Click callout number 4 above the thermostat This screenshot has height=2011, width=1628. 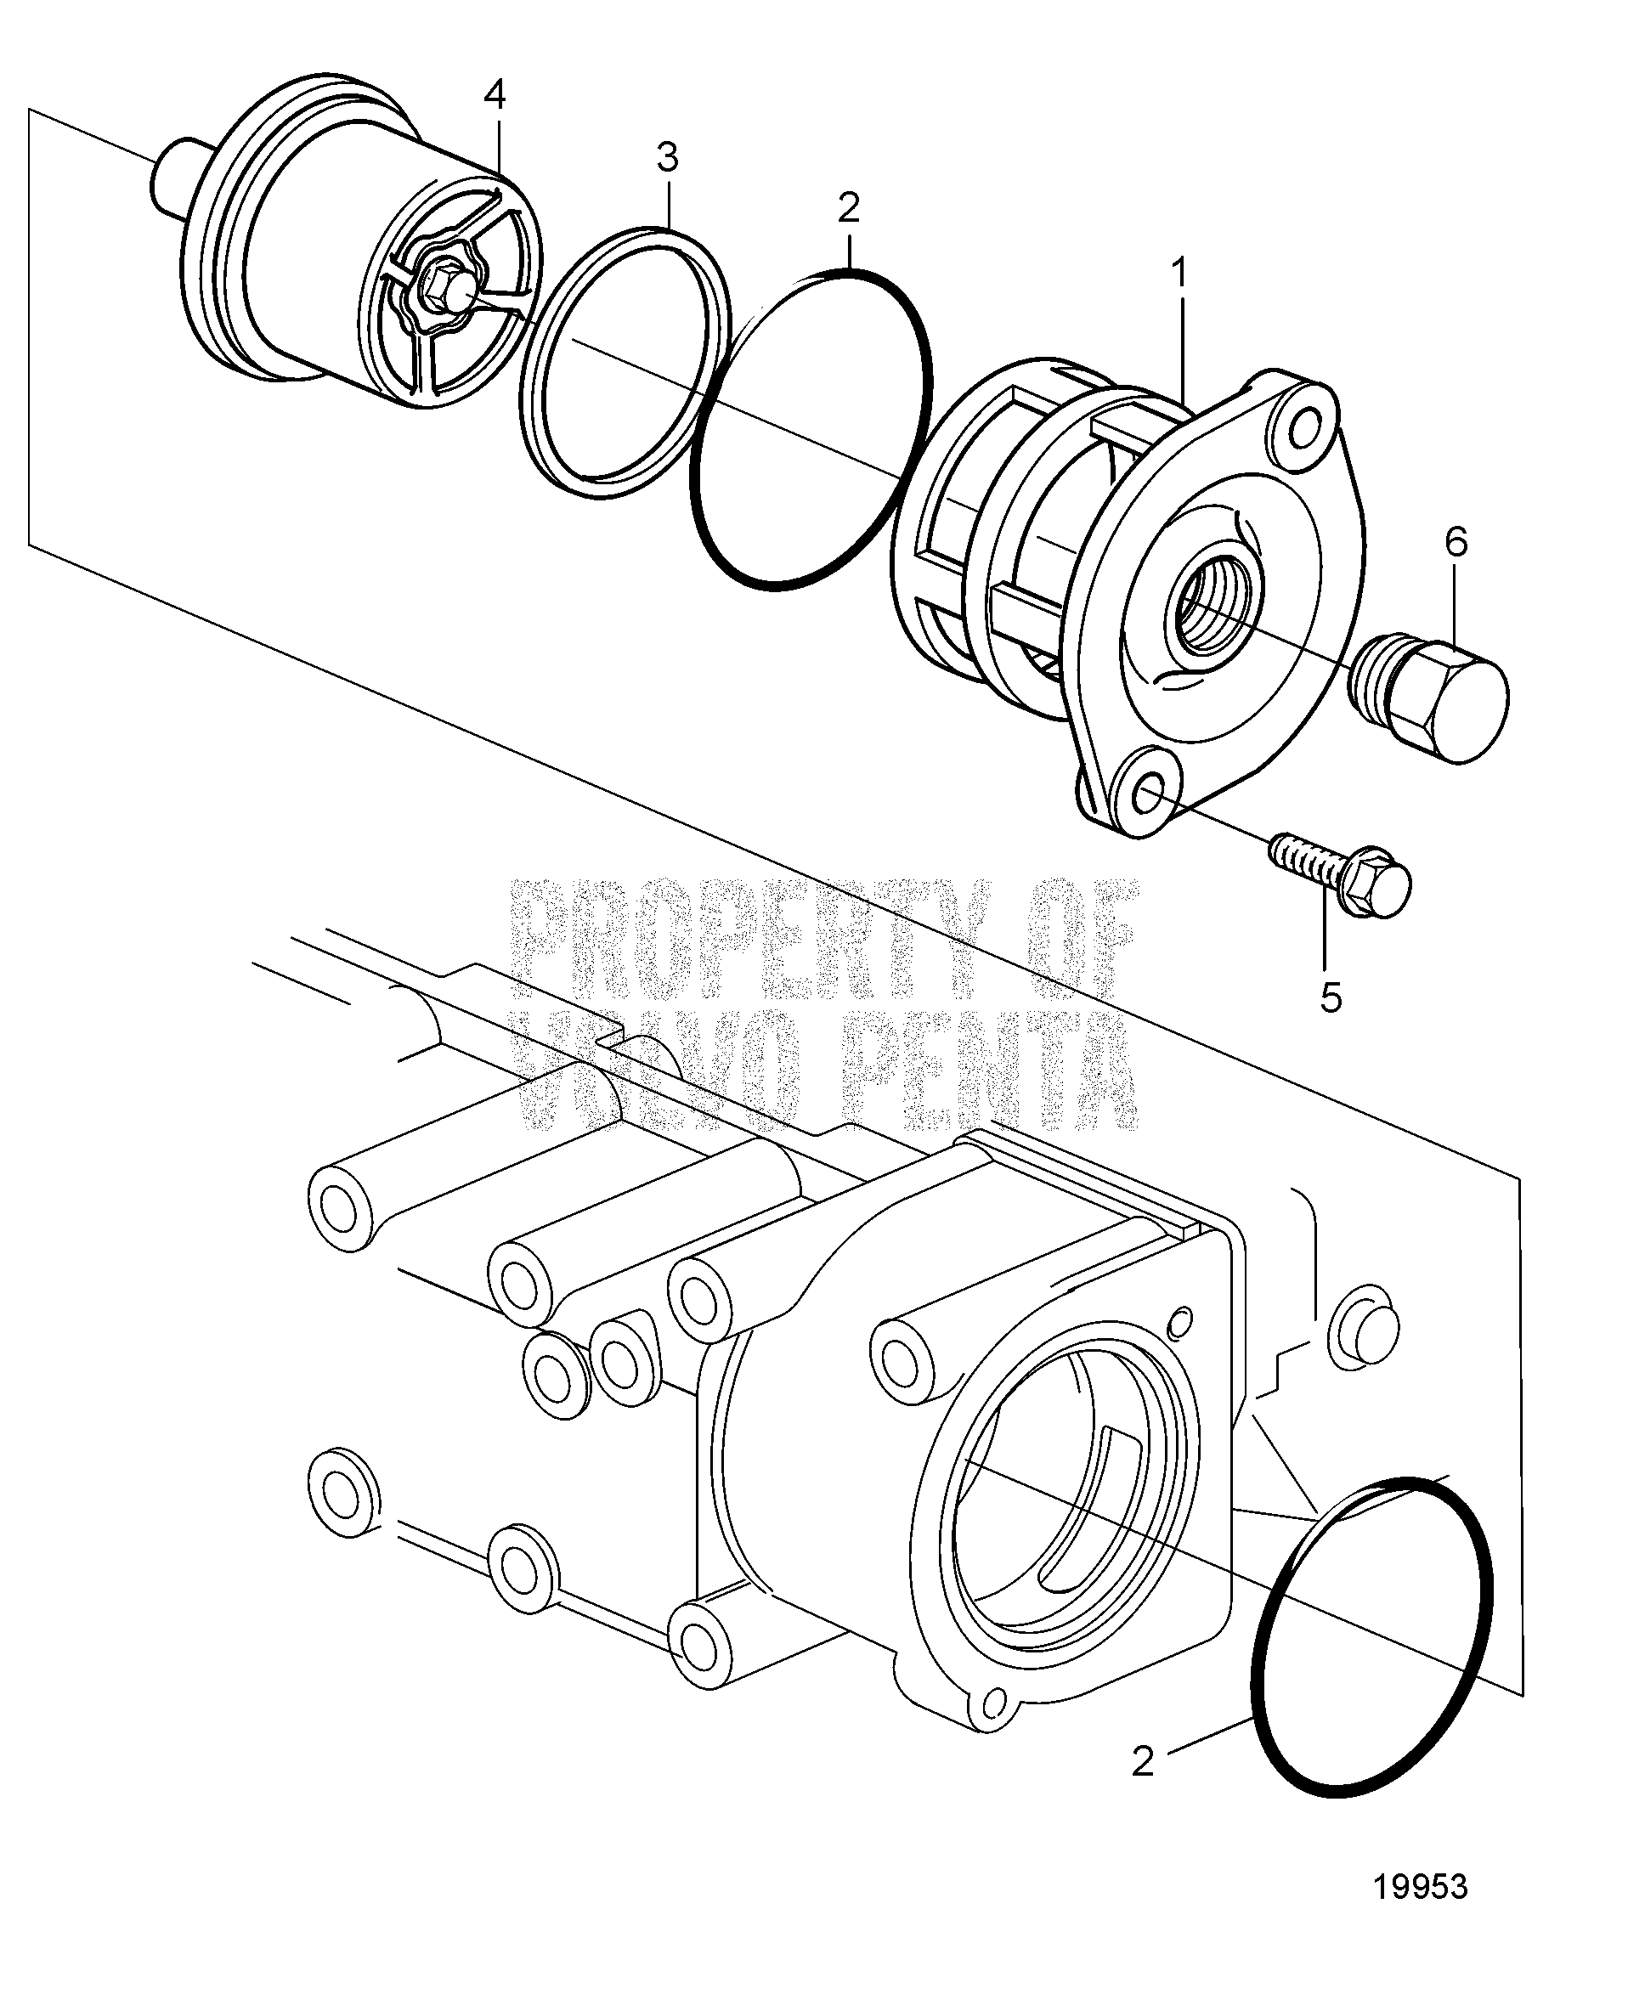(x=495, y=93)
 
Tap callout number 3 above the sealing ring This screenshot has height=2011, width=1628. (x=667, y=157)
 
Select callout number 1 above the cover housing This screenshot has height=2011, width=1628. (x=1179, y=274)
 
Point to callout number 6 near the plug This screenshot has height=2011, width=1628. (x=1456, y=542)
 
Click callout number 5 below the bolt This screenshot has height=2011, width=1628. (x=1331, y=997)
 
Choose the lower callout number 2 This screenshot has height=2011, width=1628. (x=1142, y=1760)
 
